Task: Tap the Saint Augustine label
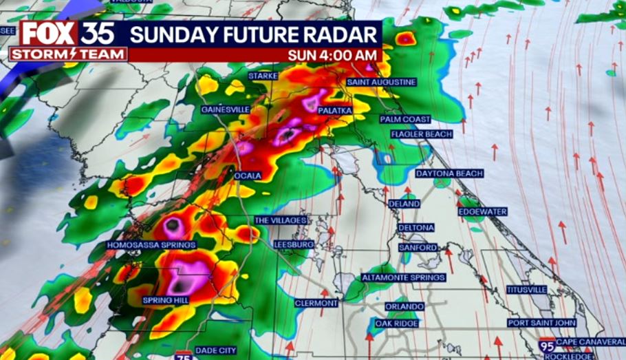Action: [x=381, y=82]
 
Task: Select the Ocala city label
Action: [x=248, y=176]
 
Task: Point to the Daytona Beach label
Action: [x=449, y=173]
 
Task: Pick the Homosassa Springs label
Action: [x=151, y=244]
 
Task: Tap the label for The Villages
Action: [x=280, y=220]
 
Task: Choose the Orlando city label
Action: [x=404, y=306]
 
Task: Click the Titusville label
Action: [x=526, y=290]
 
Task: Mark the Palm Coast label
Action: [x=405, y=119]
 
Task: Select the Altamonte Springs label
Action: [x=403, y=277]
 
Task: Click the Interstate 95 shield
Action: [x=548, y=346]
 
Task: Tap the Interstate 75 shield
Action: [x=182, y=356]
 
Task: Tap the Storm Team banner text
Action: [x=68, y=54]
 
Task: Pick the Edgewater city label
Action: [x=482, y=211]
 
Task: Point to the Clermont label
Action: [x=316, y=303]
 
